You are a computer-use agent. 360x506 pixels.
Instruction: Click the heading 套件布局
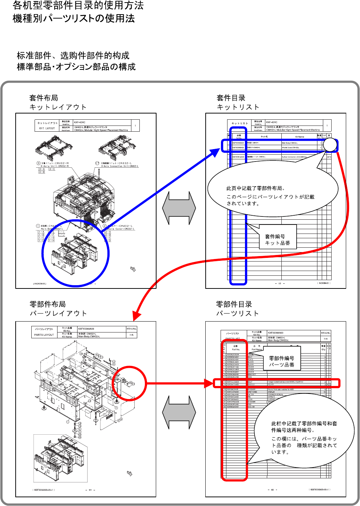44,98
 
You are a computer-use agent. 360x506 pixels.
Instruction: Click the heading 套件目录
231,98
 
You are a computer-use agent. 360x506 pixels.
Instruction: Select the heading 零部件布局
48,304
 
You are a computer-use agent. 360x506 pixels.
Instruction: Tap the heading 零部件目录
234,304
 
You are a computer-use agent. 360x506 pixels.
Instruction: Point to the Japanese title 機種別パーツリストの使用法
74,19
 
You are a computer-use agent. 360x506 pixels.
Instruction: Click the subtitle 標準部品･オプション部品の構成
76,67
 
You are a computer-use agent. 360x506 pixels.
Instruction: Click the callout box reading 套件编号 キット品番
278,240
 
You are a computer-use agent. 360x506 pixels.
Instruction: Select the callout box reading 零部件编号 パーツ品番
282,362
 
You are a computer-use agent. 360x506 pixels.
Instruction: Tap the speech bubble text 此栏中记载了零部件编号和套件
304,424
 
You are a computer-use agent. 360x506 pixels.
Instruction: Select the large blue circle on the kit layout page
75,253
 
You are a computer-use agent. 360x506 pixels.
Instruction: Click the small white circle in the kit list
330,145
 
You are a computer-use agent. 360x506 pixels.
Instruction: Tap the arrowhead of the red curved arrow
136,315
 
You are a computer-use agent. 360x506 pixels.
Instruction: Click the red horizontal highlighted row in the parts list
277,383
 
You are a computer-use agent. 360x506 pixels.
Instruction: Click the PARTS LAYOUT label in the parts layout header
44,335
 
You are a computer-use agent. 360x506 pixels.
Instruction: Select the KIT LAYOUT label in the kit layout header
47,128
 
